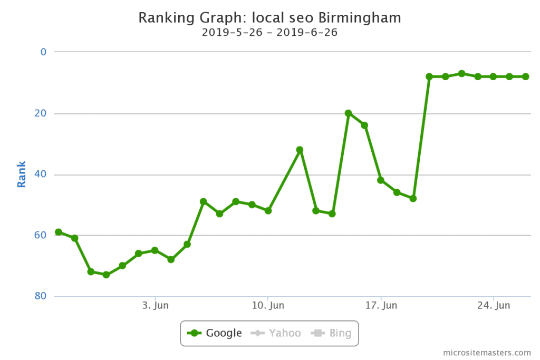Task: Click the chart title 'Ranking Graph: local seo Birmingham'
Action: (x=269, y=18)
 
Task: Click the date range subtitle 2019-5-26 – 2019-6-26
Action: (x=269, y=32)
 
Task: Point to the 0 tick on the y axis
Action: (x=43, y=52)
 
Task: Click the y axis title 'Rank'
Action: (x=22, y=174)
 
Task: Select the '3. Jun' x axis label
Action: (x=155, y=306)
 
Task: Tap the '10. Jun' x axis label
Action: (x=268, y=306)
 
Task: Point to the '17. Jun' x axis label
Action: (x=381, y=306)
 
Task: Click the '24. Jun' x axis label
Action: (x=494, y=306)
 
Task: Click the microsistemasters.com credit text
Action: (x=487, y=352)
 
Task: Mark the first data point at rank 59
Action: (x=59, y=232)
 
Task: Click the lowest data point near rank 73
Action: (x=106, y=275)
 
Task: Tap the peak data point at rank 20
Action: (x=348, y=113)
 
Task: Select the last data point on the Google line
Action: (x=526, y=76)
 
